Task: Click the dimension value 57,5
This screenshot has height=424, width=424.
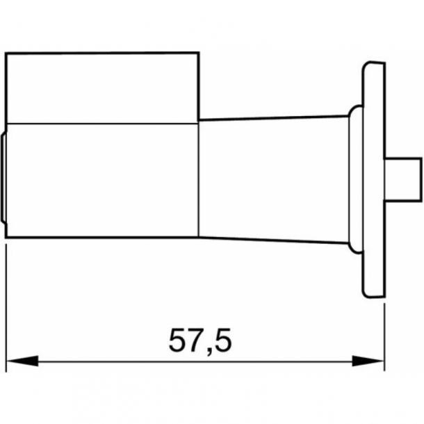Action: point(199,341)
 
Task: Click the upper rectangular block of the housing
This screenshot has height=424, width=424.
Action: point(101,88)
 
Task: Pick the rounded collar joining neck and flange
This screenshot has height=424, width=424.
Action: point(354,179)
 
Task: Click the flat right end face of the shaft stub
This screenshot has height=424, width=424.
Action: point(421,177)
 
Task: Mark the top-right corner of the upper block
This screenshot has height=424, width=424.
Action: point(199,53)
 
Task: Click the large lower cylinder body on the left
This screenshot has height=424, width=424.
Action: point(101,181)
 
